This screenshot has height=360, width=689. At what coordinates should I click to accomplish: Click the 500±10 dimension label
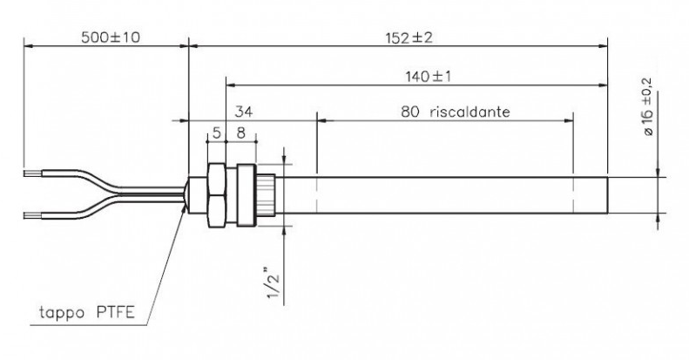(111, 37)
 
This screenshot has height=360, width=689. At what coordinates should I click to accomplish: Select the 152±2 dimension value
(409, 37)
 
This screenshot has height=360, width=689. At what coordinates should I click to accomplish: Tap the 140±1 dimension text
(429, 77)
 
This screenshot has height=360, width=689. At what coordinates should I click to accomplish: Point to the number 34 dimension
(244, 112)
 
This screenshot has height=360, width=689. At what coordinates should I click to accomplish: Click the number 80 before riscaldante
(409, 112)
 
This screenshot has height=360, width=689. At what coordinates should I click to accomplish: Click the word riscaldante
(469, 112)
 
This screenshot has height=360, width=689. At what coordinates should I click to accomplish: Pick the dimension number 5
(217, 132)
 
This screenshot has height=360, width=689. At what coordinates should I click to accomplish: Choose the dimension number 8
(240, 132)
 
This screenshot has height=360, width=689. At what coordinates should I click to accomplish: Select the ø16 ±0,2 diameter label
(648, 107)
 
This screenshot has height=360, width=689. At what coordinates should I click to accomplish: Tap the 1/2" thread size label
(274, 282)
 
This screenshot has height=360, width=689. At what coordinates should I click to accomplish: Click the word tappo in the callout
(62, 313)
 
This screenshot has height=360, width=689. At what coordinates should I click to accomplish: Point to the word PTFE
(115, 313)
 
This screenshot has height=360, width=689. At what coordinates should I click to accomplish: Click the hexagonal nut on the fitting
(216, 195)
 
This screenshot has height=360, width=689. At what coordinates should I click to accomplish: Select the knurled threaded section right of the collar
(266, 195)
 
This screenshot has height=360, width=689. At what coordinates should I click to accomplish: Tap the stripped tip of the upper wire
(33, 173)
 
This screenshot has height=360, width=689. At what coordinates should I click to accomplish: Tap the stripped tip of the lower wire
(33, 215)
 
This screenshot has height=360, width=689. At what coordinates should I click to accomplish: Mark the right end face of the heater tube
(607, 195)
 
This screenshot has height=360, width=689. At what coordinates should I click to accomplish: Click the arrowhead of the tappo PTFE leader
(183, 207)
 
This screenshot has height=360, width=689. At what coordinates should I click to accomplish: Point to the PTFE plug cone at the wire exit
(186, 194)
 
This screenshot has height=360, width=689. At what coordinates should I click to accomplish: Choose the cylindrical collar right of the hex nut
(246, 195)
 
